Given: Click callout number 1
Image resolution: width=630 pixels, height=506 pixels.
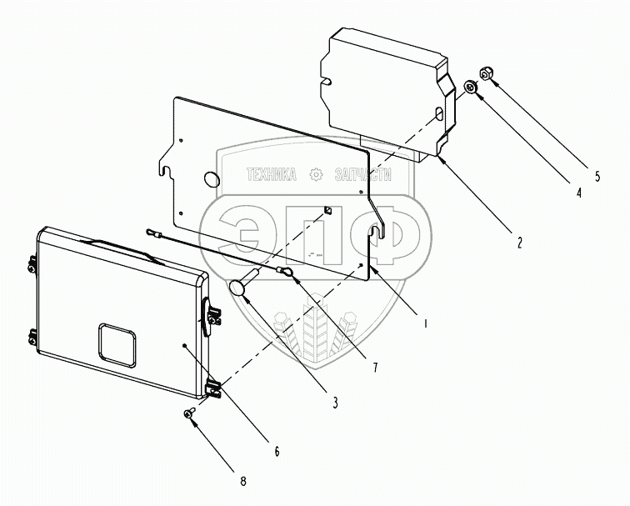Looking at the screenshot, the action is (426, 323).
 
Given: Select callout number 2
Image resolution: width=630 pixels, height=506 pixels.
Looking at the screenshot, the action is (519, 243).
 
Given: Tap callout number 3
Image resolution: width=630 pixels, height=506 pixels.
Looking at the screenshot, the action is (336, 403).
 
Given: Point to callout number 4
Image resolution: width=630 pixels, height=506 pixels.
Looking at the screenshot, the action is (578, 193).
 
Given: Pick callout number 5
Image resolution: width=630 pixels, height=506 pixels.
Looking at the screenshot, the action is (597, 176).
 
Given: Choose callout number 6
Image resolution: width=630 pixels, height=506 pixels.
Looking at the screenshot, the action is (277, 451).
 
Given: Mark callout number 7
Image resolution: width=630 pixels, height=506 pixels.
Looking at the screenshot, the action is (375, 367).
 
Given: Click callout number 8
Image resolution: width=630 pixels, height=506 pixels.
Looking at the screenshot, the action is (243, 481).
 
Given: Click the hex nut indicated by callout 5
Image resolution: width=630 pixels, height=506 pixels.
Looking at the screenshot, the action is (486, 74).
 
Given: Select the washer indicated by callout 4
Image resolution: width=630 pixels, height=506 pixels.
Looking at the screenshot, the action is (470, 87).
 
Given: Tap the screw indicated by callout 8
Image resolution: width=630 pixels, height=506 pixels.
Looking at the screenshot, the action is (189, 413).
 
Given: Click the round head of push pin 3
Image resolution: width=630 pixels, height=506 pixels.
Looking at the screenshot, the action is (237, 288).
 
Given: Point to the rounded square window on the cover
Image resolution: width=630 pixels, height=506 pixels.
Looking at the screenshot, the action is (117, 346).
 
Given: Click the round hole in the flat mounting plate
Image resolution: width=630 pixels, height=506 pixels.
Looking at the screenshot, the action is (212, 179).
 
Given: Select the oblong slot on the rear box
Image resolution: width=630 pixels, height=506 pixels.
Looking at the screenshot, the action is (439, 113).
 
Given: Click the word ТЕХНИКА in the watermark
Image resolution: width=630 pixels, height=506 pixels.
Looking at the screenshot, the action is (272, 175).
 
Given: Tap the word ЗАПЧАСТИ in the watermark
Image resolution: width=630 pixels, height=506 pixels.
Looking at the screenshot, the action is (362, 175).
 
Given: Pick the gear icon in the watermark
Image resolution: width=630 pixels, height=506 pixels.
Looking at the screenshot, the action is (316, 175).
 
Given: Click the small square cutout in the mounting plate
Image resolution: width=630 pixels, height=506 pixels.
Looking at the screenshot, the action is (327, 210).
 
